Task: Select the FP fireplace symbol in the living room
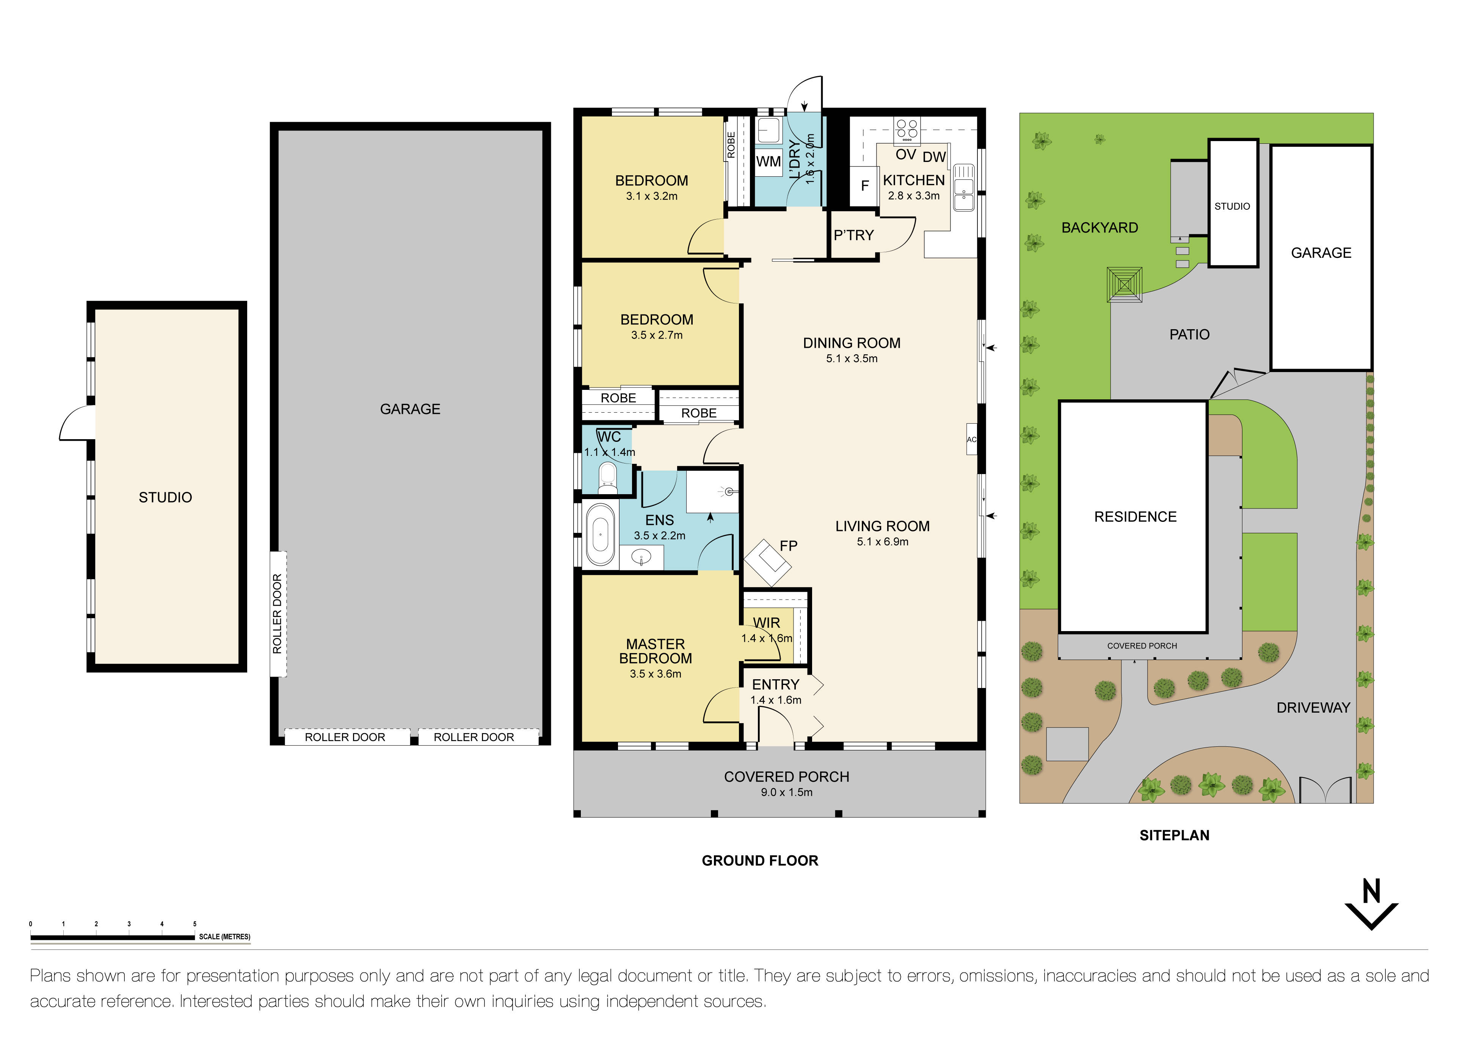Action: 768,562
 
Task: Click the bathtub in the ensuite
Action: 601,534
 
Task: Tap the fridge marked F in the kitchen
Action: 864,185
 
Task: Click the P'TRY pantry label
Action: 853,235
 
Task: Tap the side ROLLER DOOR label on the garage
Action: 278,614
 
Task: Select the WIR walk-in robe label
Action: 767,623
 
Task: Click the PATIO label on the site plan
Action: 1189,335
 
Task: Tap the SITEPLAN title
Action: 1174,835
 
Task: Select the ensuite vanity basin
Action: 641,556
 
